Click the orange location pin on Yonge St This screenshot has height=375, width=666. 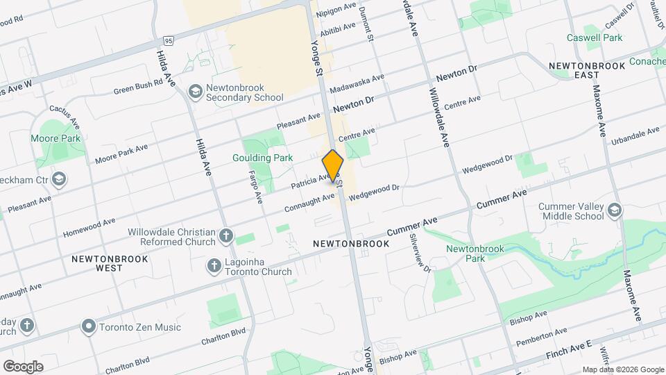click(333, 167)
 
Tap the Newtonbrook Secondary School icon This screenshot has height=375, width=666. click(196, 92)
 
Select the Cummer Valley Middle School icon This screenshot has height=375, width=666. click(614, 210)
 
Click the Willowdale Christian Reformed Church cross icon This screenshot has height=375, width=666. click(225, 236)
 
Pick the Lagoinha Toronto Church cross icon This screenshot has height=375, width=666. click(214, 266)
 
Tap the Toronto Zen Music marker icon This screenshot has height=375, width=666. click(88, 326)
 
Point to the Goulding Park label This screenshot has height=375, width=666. click(262, 158)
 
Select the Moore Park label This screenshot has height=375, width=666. click(55, 138)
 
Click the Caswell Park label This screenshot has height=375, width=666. click(594, 37)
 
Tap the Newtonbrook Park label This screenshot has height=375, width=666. click(465, 253)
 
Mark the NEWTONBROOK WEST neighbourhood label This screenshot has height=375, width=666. click(96, 262)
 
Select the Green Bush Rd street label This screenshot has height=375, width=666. click(138, 85)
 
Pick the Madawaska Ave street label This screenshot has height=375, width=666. click(357, 85)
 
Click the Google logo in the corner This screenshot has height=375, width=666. click(23, 366)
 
